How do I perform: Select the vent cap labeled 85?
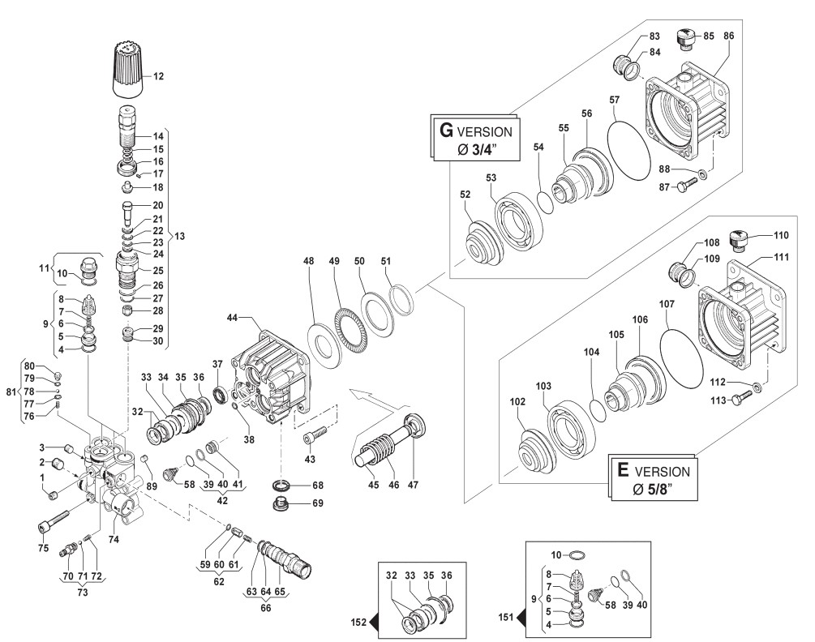(687, 36)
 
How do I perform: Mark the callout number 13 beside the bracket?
(180, 237)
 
